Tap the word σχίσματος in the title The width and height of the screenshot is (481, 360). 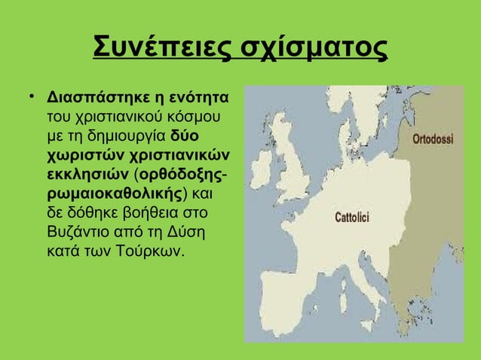coord(309,48)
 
